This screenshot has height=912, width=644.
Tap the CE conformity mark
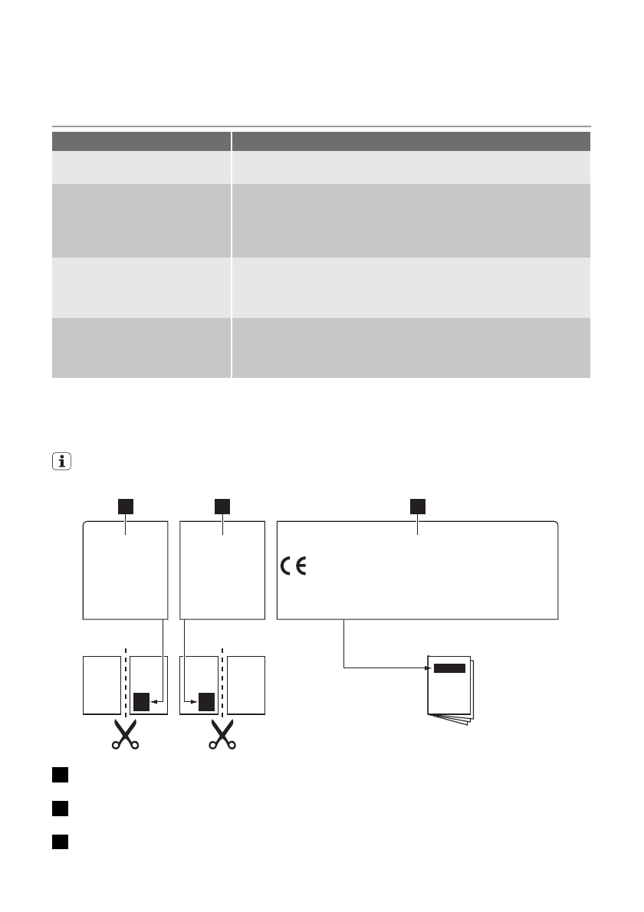pos(292,568)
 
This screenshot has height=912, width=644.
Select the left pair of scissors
pos(124,735)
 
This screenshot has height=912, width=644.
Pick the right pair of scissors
pos(222,735)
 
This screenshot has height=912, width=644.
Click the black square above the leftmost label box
pos(125,506)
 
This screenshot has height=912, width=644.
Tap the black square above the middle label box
pos(222,506)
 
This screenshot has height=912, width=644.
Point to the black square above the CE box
pos(417,506)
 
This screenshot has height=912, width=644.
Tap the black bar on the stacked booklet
pos(449,668)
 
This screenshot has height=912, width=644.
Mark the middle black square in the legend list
pos(61,809)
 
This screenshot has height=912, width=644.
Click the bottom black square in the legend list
pos(61,841)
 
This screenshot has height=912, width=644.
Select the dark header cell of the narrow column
pos(141,141)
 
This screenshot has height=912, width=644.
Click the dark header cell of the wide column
pos(411,141)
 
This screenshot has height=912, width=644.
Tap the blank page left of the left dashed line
pos(101,684)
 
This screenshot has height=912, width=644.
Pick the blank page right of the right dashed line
pos(246,684)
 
